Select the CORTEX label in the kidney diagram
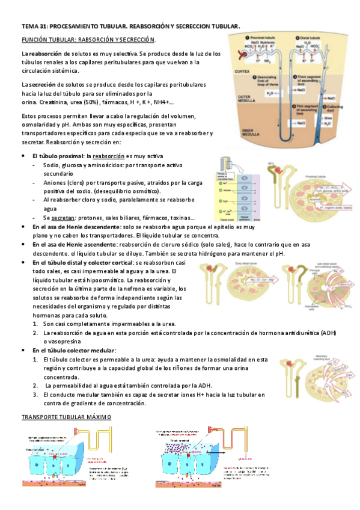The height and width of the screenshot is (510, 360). tap(242, 70)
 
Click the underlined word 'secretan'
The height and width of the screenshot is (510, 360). tap(63, 218)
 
